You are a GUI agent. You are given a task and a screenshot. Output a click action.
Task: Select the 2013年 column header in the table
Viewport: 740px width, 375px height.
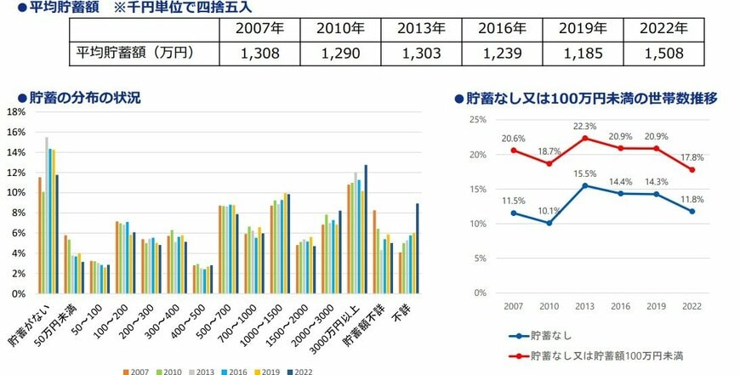pos(421,27)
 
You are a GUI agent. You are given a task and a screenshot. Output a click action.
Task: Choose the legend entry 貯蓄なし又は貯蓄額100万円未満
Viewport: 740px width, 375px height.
pos(600,353)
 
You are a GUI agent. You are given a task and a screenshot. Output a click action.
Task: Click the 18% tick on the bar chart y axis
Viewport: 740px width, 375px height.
pos(16,111)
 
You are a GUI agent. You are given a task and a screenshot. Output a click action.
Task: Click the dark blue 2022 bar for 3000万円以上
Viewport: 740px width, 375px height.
pos(366,229)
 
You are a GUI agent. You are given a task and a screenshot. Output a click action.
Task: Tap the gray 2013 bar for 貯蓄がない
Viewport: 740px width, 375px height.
pos(47,215)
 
